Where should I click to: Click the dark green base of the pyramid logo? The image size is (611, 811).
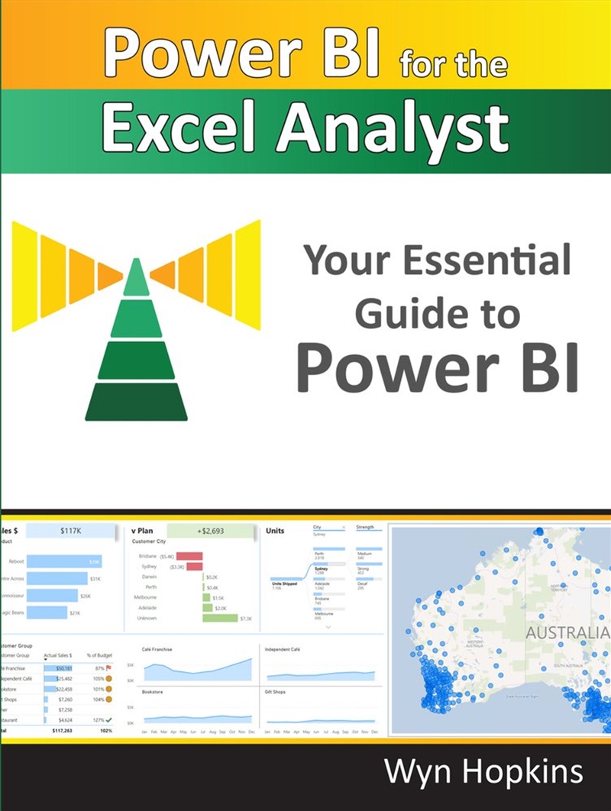tap(136, 402)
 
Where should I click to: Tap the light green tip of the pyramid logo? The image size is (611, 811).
tap(136, 279)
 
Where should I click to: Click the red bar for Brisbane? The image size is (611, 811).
tap(189, 556)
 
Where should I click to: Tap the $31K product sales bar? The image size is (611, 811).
tap(58, 578)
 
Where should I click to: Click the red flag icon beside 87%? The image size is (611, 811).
tap(110, 667)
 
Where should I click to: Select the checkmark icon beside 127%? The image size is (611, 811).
tap(109, 719)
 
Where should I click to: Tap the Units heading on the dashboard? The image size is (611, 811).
tap(275, 530)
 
